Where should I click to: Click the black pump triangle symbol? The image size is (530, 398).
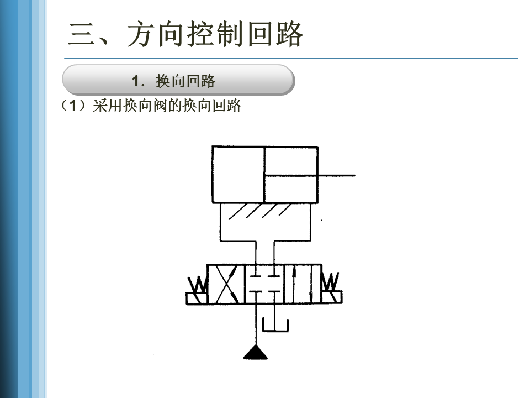(x=256, y=352)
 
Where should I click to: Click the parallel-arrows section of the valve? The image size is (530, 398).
(x=302, y=284)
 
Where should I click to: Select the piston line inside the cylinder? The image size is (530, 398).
(x=264, y=175)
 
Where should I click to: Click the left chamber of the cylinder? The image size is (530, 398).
(x=238, y=175)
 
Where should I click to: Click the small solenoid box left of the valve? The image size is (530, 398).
(x=197, y=298)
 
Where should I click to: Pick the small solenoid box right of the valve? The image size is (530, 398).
(x=332, y=297)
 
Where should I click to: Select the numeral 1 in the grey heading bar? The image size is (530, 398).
(x=136, y=81)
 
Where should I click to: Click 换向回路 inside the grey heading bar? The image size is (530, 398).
(x=185, y=82)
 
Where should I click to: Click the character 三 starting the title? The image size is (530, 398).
(x=81, y=35)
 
